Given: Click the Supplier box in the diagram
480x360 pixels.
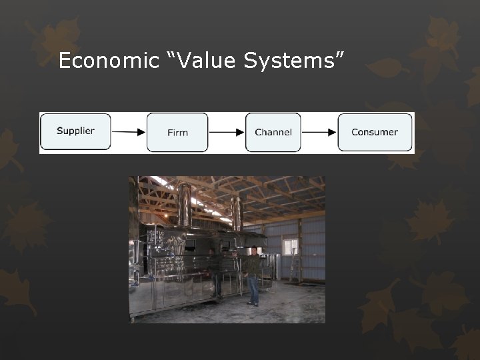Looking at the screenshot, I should pos(75,131).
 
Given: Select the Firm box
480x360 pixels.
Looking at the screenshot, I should pos(177,132).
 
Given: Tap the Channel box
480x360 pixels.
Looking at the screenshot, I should pos(273,132).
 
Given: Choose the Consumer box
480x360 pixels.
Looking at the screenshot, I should pos(374,132).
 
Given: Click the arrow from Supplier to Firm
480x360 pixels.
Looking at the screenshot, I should pos(129,132).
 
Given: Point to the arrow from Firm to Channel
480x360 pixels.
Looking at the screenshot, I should pos(227,132).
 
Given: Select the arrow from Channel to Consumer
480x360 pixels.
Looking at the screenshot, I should pos(319,132).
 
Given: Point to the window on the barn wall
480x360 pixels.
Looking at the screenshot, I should pos(290,247).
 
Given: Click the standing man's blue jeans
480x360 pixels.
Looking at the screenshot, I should pos(253,290).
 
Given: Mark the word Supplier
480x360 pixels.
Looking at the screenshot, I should pos(75,131).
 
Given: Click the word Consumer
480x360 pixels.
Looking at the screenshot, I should pos(374,132).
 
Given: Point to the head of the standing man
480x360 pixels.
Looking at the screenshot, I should pos(253,251).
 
